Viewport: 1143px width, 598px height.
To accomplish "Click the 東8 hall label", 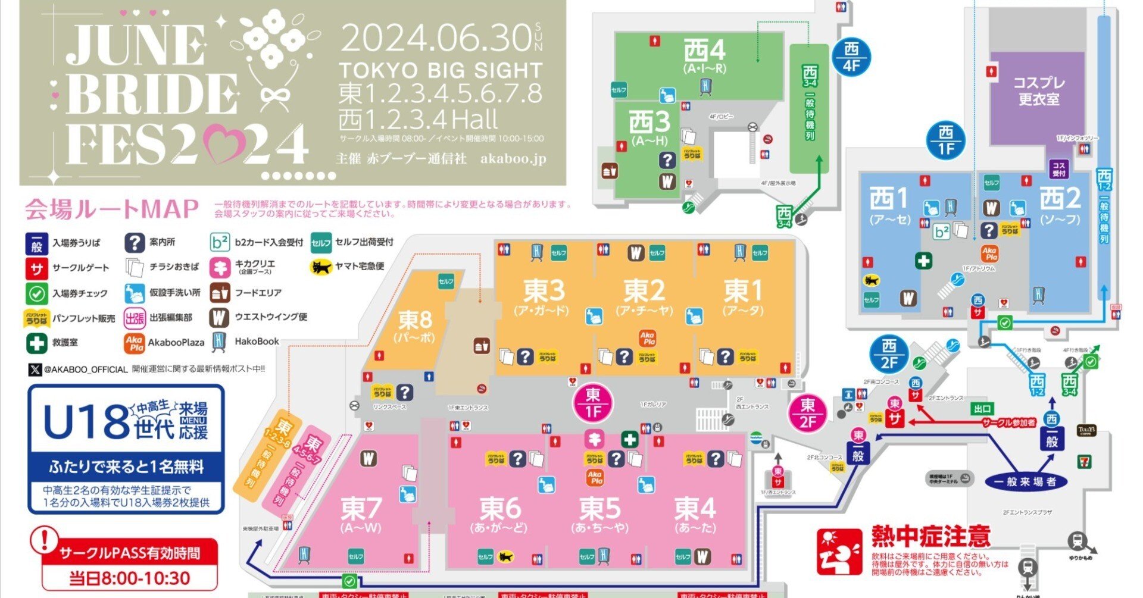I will (415, 321).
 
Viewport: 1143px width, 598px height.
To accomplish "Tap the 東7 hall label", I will (361, 509).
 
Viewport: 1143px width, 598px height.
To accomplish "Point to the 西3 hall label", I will (649, 123).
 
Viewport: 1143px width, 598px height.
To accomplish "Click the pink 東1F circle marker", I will (593, 403).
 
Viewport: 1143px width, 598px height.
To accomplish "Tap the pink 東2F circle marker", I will (807, 413).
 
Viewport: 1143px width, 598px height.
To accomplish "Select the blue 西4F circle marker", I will (851, 57).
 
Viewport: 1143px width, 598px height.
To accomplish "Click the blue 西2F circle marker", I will (889, 354).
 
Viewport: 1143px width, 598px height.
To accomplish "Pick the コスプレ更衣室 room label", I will (1039, 91).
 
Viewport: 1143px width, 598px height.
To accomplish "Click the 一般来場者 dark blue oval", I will (1025, 482).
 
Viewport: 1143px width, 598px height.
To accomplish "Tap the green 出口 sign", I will (982, 409).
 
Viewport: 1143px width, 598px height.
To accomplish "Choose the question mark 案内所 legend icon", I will (135, 242).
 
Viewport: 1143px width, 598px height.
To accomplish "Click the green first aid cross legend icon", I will (36, 343).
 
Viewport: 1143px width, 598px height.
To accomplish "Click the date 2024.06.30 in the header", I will (435, 39).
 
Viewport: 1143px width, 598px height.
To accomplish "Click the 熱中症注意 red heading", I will (930, 536).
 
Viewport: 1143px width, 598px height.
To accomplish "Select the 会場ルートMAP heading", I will (111, 209).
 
